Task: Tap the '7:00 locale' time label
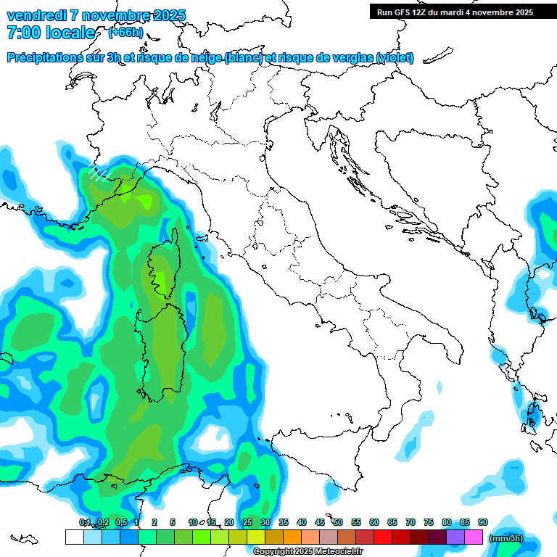click(x=51, y=33)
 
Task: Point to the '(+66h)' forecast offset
click(x=125, y=32)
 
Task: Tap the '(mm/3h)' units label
click(x=506, y=538)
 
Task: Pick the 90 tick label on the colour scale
click(x=483, y=522)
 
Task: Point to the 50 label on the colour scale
click(x=338, y=522)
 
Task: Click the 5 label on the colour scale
click(x=173, y=522)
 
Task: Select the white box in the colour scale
click(x=74, y=537)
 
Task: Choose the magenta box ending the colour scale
click(x=474, y=537)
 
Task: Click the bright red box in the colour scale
click(x=383, y=537)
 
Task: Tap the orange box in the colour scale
click(x=292, y=537)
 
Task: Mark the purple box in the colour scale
click(x=455, y=537)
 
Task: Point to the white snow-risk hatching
click(x=98, y=172)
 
